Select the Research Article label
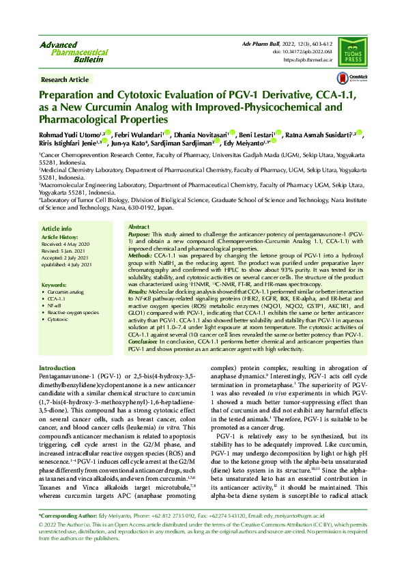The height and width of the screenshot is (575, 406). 65,80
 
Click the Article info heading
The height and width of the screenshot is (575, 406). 57,229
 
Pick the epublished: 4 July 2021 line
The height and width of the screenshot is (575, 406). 69,264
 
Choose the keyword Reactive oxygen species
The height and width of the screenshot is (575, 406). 73,312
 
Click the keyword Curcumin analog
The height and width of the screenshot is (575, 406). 66,292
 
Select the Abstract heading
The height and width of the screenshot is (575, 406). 139,226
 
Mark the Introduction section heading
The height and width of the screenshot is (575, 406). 57,369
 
